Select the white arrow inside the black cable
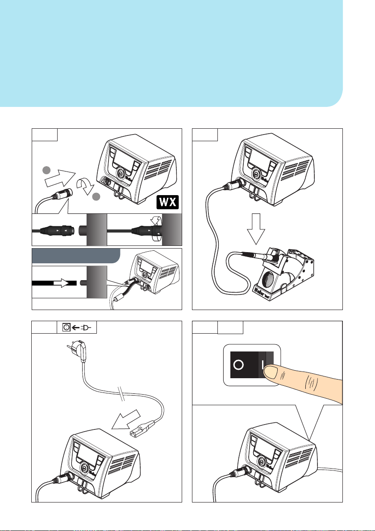[x=58, y=282]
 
